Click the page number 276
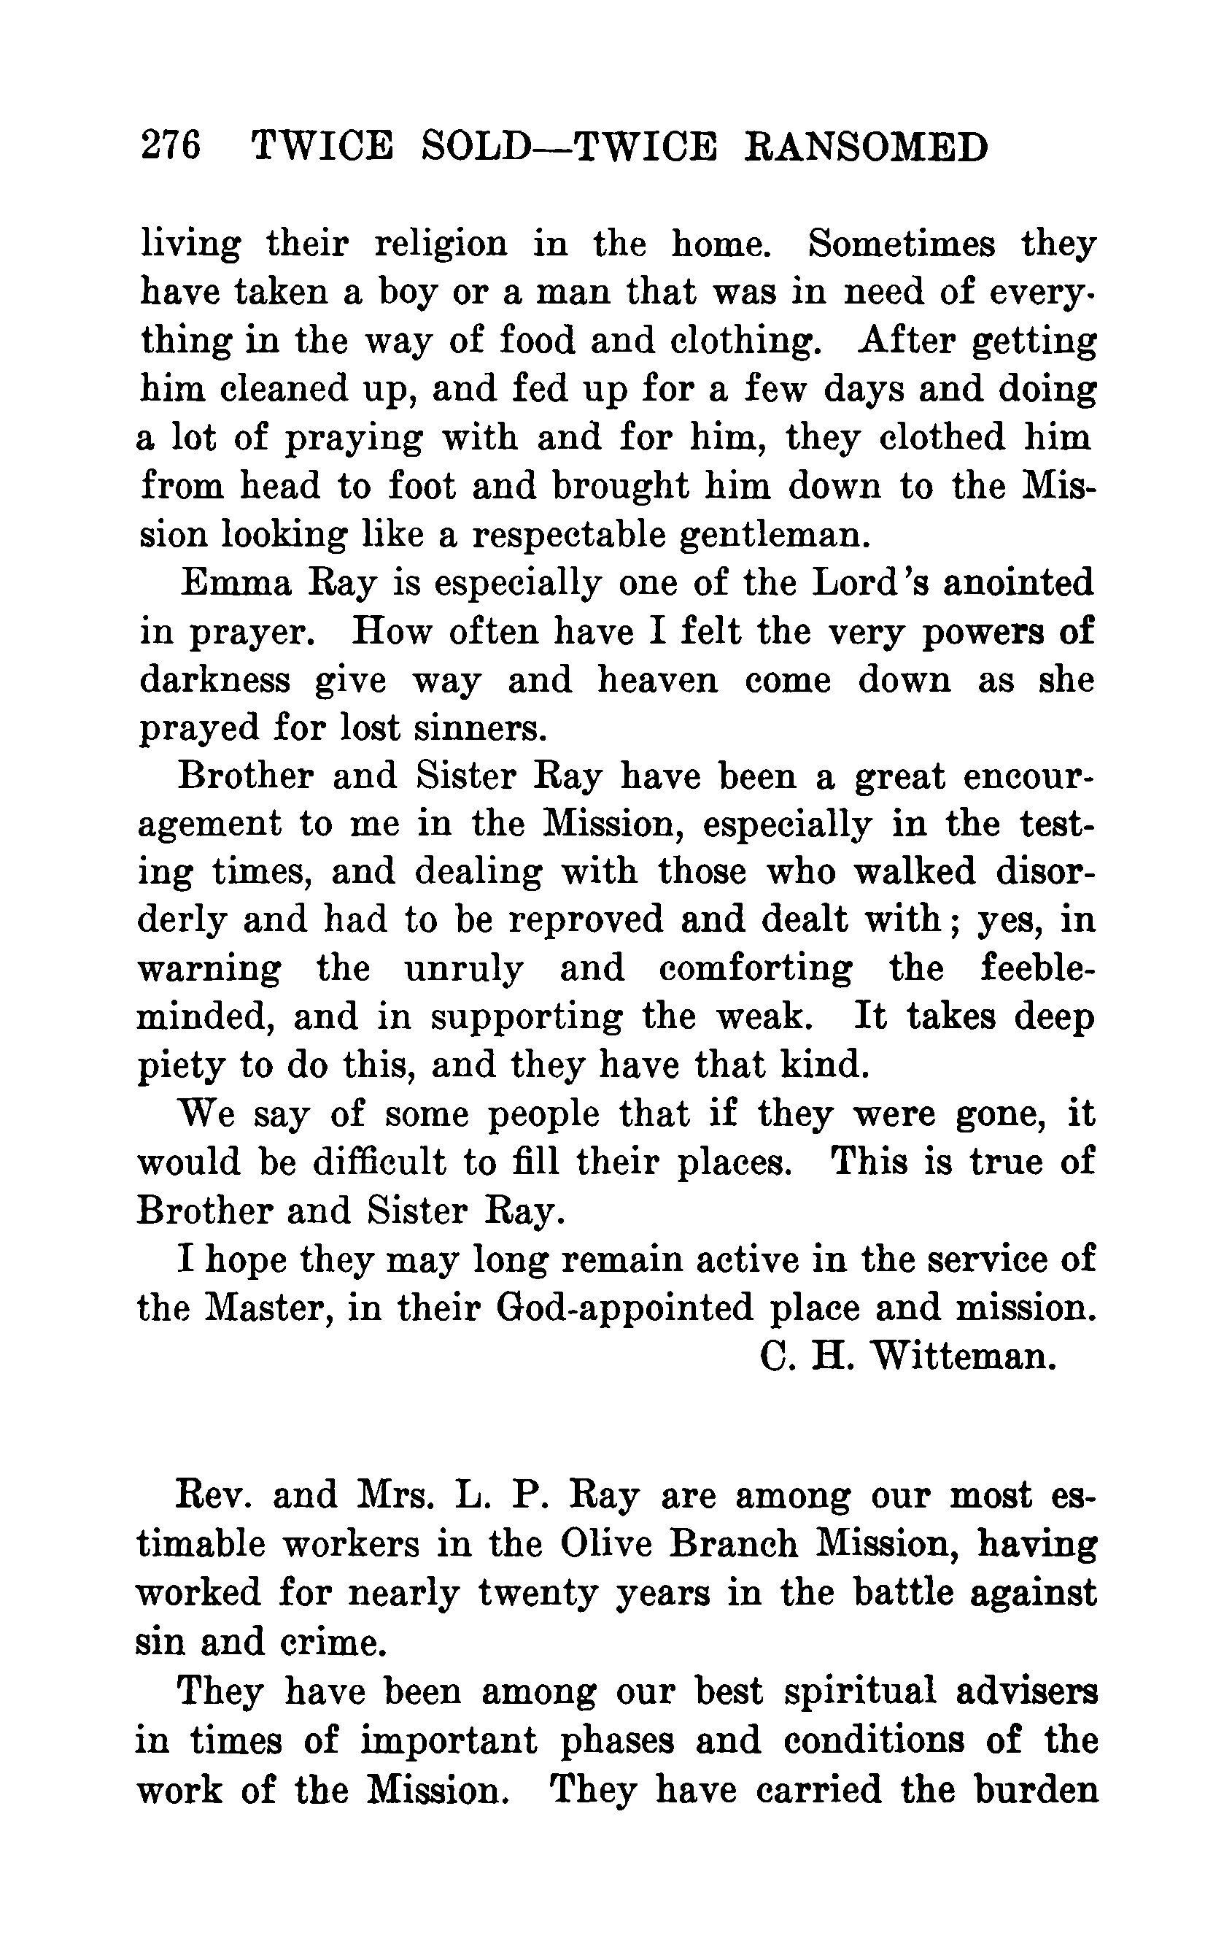pos(170,147)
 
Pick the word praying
pos(355,439)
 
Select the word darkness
pos(214,680)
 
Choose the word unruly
pos(463,969)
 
